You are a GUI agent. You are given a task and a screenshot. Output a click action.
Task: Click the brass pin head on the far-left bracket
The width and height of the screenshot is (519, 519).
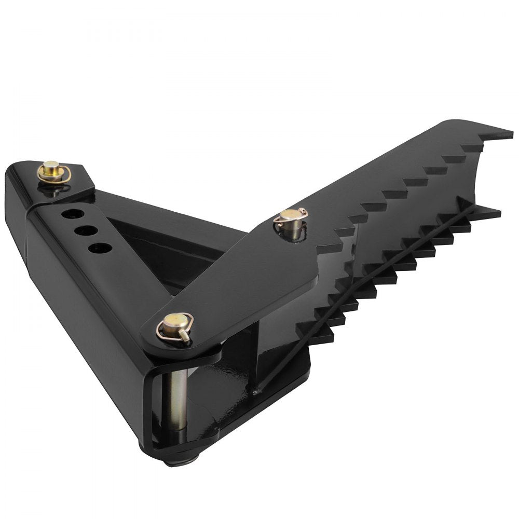pyautogui.click(x=51, y=168)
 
